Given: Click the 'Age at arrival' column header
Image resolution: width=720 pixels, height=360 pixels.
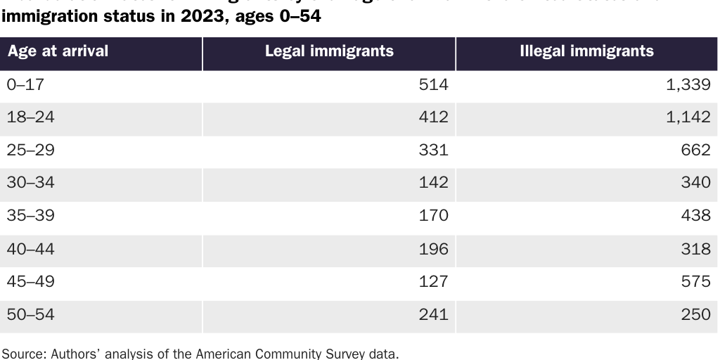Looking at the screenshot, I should point(58,52).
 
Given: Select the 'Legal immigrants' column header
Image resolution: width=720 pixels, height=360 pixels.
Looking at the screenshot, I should point(329,51).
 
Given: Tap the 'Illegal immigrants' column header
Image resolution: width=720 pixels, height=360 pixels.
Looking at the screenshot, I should point(586,51).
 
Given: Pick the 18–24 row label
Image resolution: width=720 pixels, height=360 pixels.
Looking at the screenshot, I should point(30,117).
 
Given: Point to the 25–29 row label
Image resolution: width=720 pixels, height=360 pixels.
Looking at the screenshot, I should point(30,150).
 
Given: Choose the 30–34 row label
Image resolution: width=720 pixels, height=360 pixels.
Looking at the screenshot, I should point(30,183).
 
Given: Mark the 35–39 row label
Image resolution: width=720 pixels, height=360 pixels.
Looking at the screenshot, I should point(30,216).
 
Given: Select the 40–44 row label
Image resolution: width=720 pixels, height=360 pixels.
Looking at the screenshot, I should point(30,249).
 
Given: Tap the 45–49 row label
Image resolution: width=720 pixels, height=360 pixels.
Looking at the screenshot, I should point(30,282).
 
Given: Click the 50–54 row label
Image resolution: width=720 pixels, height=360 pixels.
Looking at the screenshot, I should point(30,315).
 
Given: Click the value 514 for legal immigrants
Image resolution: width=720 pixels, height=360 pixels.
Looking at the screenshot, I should point(433,84).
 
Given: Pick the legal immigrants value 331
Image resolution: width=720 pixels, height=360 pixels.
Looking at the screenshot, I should point(433,150).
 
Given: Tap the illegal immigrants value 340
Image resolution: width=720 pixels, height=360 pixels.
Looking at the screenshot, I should point(695,183).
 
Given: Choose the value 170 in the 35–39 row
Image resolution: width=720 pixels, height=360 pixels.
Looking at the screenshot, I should point(433,216).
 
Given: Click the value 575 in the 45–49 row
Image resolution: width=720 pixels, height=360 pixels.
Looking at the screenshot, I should point(695,282).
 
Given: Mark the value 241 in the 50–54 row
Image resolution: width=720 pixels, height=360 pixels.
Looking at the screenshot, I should point(433,315).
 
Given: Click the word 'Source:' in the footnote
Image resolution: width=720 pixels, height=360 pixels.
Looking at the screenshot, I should point(25,353).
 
